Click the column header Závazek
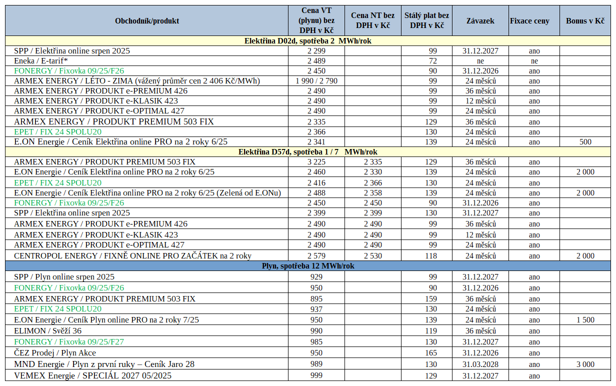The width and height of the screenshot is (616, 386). (480, 21)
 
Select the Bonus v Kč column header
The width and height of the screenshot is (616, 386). (585, 21)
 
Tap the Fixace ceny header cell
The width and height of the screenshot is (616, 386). (529, 21)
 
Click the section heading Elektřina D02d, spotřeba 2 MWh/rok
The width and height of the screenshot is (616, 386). (307, 41)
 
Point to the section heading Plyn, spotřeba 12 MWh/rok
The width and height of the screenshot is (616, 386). (307, 266)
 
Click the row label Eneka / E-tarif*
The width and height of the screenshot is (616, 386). (40, 61)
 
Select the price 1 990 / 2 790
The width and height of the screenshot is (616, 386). (316, 81)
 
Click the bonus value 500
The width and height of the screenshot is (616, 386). (585, 142)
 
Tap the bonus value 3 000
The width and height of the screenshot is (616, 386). (585, 364)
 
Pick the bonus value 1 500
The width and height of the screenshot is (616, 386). (585, 319)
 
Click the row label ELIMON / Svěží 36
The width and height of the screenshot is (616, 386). (47, 330)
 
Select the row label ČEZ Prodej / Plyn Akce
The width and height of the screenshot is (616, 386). (55, 352)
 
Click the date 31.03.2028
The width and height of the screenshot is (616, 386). (480, 364)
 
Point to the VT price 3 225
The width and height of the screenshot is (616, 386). (316, 162)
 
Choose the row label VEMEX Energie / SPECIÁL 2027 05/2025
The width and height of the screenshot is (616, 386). (92, 375)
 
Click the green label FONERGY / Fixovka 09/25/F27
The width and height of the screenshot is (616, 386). (69, 341)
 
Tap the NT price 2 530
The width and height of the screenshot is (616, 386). (373, 256)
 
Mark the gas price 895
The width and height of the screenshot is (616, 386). (316, 299)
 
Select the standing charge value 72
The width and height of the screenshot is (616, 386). (433, 61)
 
